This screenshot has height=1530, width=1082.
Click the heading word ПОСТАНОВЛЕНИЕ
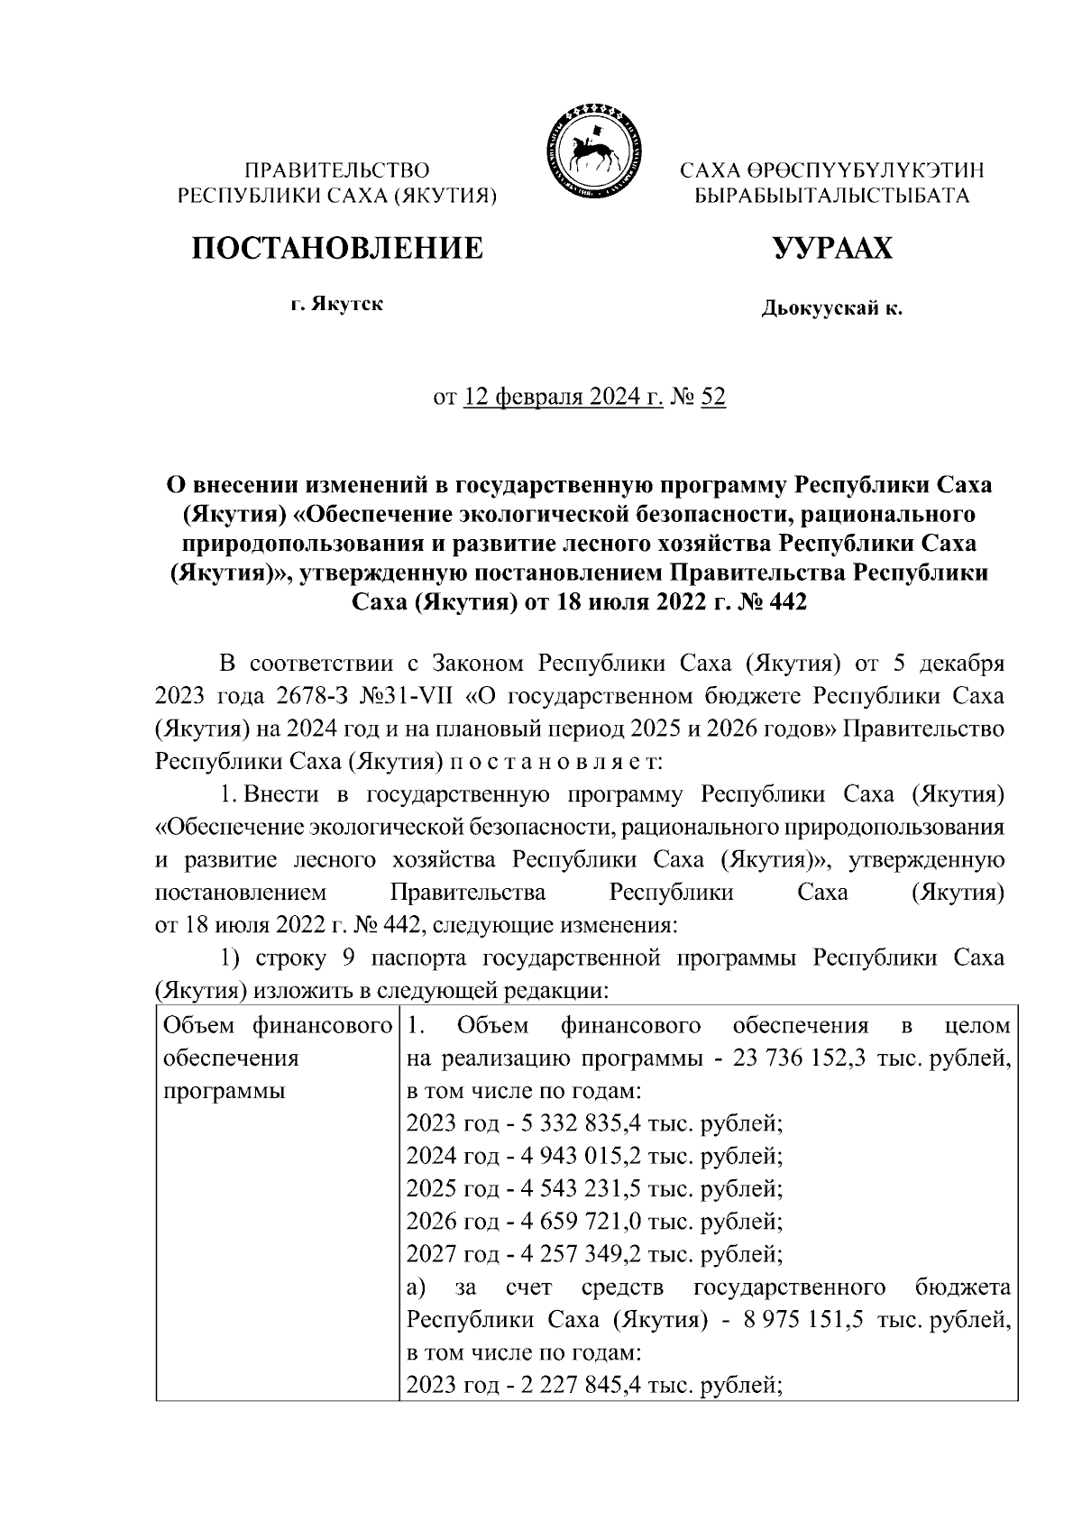(336, 247)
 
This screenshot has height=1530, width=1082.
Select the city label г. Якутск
(336, 304)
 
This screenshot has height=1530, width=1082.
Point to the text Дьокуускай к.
(831, 309)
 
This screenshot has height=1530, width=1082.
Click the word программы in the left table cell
(224, 1091)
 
